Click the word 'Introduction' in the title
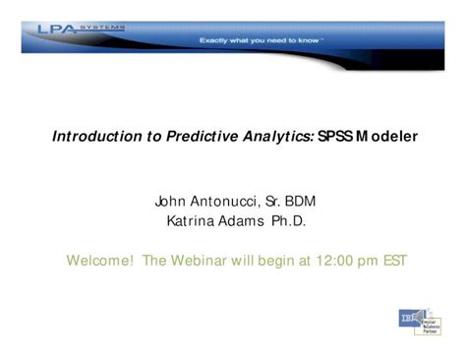click(x=93, y=139)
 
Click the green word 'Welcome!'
click(x=99, y=261)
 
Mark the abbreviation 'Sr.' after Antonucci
click(x=267, y=202)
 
